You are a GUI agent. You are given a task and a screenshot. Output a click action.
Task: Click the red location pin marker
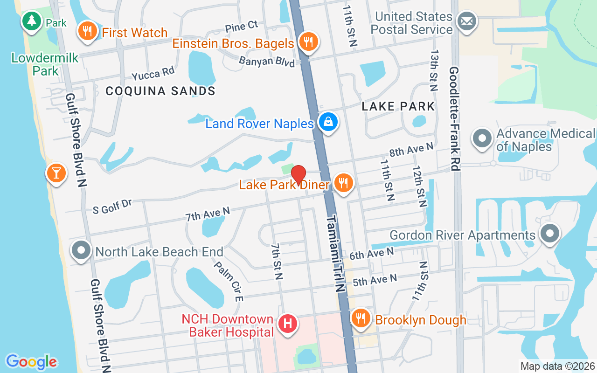[298, 175]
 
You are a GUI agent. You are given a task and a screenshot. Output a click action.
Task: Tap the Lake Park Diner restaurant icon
[344, 183]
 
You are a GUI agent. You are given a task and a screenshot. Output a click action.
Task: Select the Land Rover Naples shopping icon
[328, 122]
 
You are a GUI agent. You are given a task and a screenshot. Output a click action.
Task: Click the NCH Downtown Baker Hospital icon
[288, 323]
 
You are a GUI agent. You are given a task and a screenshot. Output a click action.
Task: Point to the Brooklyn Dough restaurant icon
[360, 319]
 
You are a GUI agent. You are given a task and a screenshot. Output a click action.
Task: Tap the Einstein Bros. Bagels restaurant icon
[308, 42]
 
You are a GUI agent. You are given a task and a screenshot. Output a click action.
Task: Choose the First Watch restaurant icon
[87, 32]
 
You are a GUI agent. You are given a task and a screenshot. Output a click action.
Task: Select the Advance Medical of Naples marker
[482, 138]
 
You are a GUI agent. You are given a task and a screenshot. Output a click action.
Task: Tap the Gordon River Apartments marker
[549, 234]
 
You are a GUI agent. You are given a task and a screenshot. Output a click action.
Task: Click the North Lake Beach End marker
[82, 251]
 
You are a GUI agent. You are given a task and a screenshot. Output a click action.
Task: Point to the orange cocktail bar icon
[56, 173]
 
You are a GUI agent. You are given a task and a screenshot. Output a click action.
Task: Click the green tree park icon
[32, 21]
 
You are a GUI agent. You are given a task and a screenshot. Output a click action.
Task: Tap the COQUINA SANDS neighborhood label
[160, 90]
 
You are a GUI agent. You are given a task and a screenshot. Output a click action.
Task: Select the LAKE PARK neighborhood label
[398, 106]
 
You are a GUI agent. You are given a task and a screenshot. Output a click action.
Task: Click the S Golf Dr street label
[112, 206]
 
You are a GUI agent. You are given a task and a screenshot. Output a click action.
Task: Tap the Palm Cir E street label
[229, 281]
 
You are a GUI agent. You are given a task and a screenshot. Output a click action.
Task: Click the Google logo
[31, 362]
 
